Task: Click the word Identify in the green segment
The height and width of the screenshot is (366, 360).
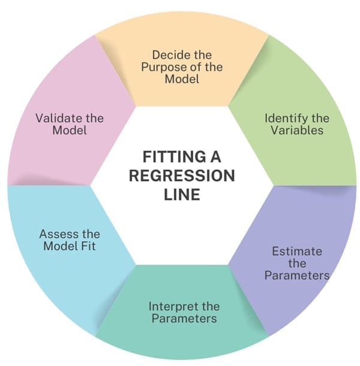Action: click(284, 118)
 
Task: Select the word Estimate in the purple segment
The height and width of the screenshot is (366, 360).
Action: click(296, 251)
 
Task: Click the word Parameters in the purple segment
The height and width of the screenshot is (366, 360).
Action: click(297, 275)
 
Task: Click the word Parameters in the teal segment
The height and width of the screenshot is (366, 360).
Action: click(183, 318)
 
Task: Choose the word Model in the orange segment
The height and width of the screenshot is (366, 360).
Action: click(182, 78)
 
